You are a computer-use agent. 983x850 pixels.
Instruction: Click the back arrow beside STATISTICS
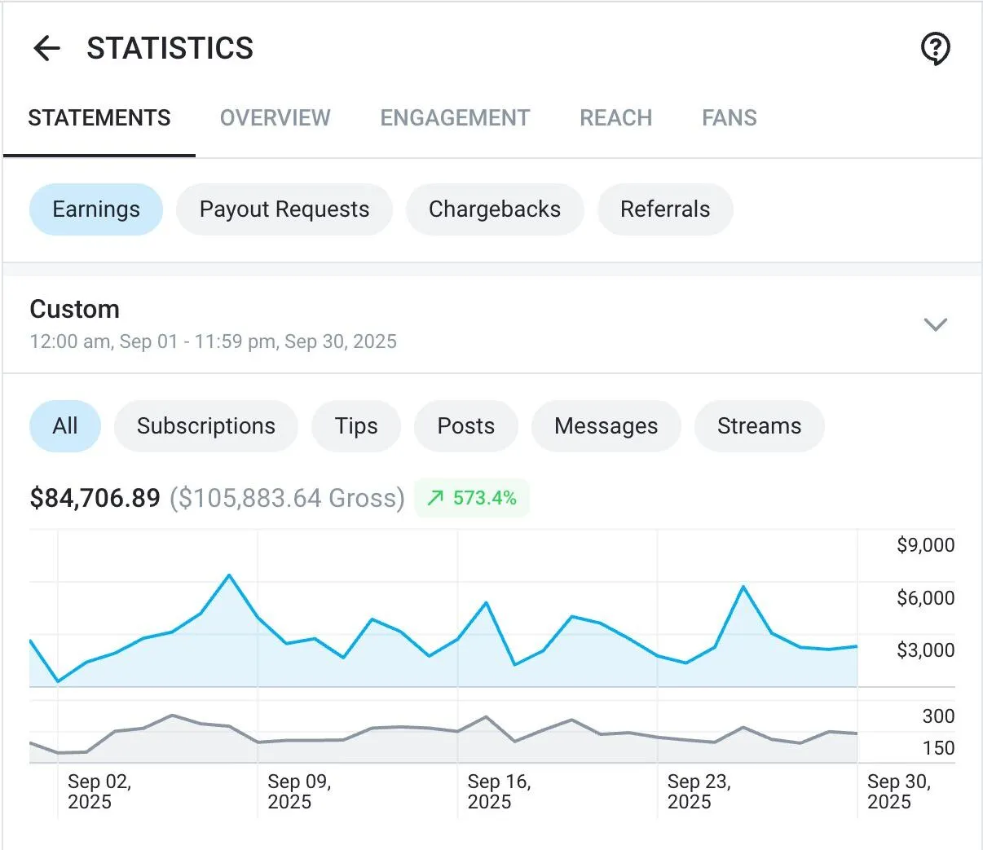click(46, 49)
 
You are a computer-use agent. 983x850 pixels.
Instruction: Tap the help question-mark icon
click(935, 49)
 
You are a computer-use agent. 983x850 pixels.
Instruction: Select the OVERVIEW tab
click(276, 118)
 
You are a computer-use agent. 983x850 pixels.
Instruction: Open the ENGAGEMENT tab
click(455, 118)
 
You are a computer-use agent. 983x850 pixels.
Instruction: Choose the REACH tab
click(615, 118)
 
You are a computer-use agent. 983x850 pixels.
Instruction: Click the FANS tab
click(729, 118)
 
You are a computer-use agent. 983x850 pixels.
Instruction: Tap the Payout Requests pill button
click(284, 209)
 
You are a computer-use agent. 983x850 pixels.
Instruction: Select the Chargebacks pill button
click(495, 209)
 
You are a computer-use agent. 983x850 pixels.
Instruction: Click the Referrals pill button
click(665, 209)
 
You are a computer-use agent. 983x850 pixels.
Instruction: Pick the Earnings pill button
click(96, 209)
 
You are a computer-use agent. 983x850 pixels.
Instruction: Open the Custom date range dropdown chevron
click(935, 324)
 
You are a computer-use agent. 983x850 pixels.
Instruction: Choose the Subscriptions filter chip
click(206, 426)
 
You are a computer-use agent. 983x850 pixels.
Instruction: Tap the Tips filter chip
click(356, 426)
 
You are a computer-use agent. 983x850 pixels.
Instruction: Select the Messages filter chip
click(606, 426)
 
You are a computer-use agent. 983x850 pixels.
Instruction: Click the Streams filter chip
click(759, 426)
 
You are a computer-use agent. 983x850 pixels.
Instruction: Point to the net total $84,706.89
click(95, 498)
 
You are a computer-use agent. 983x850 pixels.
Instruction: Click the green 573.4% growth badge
click(472, 498)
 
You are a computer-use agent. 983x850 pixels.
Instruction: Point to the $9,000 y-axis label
click(925, 545)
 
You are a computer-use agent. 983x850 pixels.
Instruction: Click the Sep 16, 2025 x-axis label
click(498, 791)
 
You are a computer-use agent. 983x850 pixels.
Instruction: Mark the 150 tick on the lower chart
click(938, 748)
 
